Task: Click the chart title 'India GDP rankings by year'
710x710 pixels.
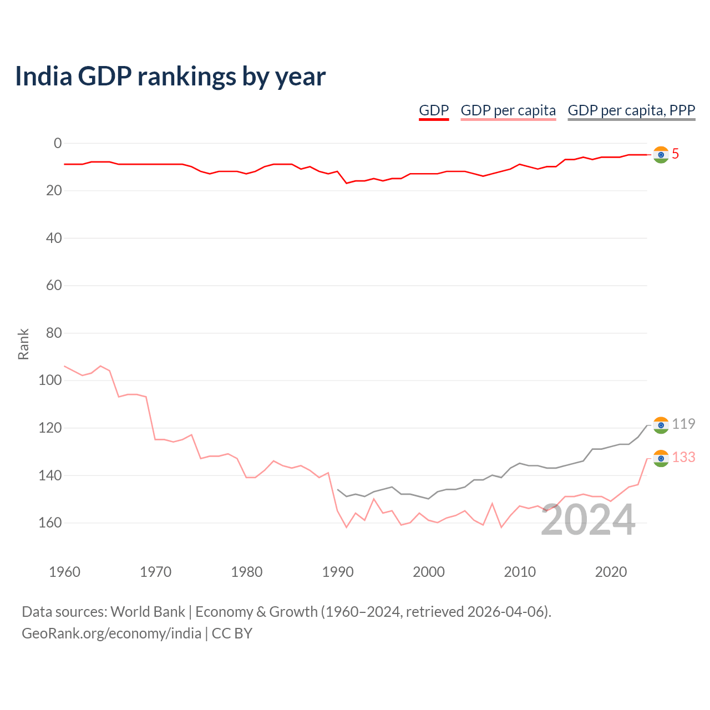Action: pyautogui.click(x=170, y=77)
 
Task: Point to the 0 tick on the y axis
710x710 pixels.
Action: pyautogui.click(x=58, y=143)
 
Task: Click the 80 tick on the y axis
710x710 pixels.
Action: pyautogui.click(x=54, y=333)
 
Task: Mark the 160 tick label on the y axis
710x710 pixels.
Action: pyautogui.click(x=50, y=523)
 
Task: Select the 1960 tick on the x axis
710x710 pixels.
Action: pyautogui.click(x=64, y=572)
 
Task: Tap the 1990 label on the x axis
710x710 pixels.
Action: pyautogui.click(x=337, y=572)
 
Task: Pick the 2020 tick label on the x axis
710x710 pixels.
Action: pyautogui.click(x=611, y=572)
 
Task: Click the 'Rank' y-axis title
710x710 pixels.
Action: pyautogui.click(x=23, y=344)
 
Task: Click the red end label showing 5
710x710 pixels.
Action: pyautogui.click(x=675, y=154)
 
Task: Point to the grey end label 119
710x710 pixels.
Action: pyautogui.click(x=683, y=424)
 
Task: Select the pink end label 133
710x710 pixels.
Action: pyautogui.click(x=683, y=457)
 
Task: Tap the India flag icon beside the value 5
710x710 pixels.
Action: pyautogui.click(x=661, y=155)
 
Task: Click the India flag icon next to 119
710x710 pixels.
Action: pyautogui.click(x=661, y=425)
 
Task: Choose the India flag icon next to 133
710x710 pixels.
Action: pyautogui.click(x=661, y=459)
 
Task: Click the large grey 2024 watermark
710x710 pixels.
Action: pyautogui.click(x=587, y=520)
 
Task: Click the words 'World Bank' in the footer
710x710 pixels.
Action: pyautogui.click(x=148, y=612)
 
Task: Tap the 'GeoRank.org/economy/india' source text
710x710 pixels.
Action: pyautogui.click(x=111, y=634)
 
